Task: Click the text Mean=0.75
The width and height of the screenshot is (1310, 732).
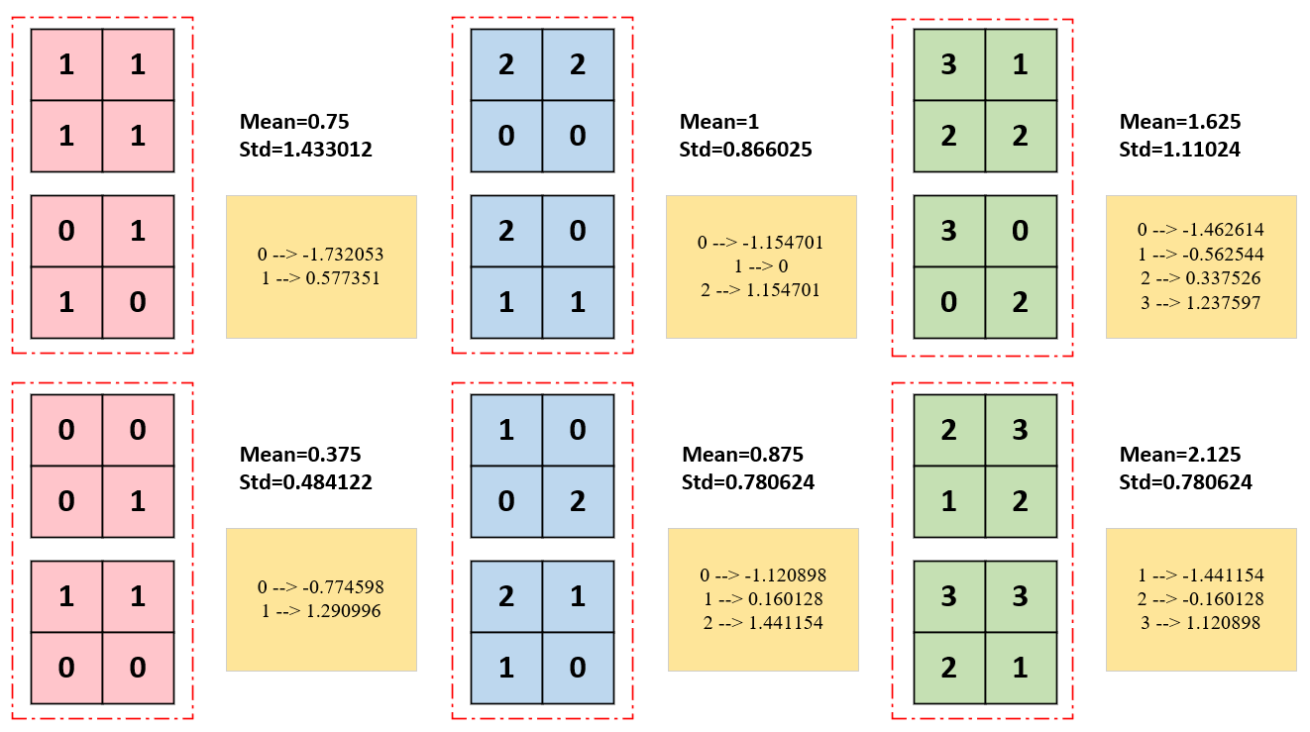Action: coord(294,122)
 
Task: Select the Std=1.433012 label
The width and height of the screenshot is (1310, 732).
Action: coord(305,150)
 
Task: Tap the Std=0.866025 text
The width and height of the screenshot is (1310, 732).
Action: coord(745,150)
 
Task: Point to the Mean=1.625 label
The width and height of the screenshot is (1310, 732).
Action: coord(1180,122)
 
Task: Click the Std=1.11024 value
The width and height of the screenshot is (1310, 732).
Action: coord(1179,150)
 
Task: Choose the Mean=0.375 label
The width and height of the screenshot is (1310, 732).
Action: coord(300,455)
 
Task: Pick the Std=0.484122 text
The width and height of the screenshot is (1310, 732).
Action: coord(305,482)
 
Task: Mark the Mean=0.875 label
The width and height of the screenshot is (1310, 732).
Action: coord(742,455)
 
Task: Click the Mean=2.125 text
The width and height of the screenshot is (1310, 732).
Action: coord(1180,455)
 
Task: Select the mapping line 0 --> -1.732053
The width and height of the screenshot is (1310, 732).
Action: coord(320,255)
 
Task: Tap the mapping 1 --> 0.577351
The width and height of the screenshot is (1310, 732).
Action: coord(320,278)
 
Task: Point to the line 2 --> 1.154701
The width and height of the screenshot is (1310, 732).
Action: coord(760,290)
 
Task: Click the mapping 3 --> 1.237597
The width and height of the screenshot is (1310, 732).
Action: coord(1200,302)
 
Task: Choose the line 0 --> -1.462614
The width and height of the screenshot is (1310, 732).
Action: coord(1200,230)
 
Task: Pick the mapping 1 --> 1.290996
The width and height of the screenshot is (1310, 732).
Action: coord(320,611)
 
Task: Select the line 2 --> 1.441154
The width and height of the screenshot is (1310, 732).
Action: coord(761,623)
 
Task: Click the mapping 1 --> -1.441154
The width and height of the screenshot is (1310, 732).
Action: coord(1201,575)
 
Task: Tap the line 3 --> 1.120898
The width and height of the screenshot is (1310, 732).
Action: coord(1201,623)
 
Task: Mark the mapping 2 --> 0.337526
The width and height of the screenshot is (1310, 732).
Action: coord(1200,278)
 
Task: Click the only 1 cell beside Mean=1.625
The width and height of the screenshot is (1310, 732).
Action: coord(1021,65)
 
